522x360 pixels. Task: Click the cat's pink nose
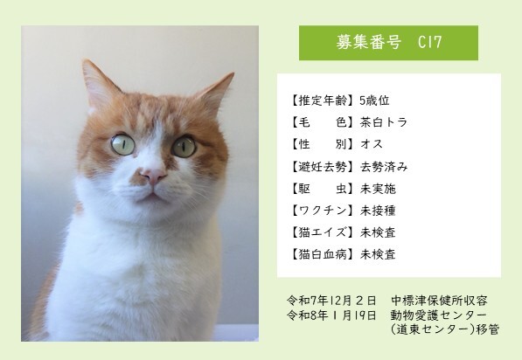click(154, 175)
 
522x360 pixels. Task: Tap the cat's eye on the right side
click(184, 146)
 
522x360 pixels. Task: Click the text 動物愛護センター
click(439, 315)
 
